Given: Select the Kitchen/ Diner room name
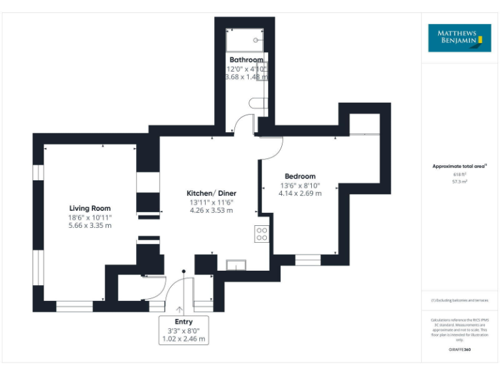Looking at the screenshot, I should (211, 193).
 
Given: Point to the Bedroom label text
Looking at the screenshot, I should (299, 176).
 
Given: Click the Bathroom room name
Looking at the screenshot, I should (246, 60).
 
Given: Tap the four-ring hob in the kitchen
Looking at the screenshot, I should (262, 233).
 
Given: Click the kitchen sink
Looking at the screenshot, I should (236, 264).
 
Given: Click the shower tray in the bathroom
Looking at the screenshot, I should (245, 40).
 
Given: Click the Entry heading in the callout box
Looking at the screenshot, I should (184, 322).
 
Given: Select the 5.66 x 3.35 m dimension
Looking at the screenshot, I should (90, 225).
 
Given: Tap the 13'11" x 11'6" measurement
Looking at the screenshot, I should (211, 202).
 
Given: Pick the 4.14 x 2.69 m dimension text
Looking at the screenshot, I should (299, 193).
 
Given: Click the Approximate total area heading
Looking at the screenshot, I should (460, 167).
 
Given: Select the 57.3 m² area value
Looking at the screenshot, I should (460, 182).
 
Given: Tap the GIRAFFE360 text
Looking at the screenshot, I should (460, 350).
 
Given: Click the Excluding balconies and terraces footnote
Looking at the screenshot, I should (460, 300).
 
